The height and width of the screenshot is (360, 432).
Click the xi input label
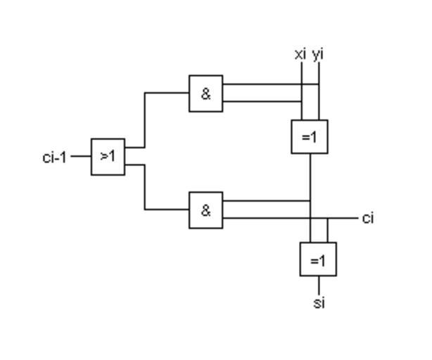click(x=300, y=54)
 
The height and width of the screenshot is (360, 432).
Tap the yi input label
click(x=318, y=54)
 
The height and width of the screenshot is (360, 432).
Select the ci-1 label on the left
click(x=54, y=157)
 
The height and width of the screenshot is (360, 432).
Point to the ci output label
click(x=368, y=219)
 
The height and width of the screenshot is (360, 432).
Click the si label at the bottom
click(x=319, y=304)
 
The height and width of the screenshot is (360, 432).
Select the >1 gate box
click(x=108, y=156)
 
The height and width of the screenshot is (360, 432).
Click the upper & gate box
click(x=205, y=94)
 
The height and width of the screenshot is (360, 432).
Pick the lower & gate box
click(x=205, y=210)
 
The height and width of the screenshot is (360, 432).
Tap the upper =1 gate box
click(x=310, y=136)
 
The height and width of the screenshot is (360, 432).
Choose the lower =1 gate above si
click(x=318, y=259)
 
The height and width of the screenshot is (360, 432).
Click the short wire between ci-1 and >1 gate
click(x=80, y=157)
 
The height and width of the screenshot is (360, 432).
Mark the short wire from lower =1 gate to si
click(x=319, y=285)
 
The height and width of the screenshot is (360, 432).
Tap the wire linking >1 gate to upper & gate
click(x=146, y=120)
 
